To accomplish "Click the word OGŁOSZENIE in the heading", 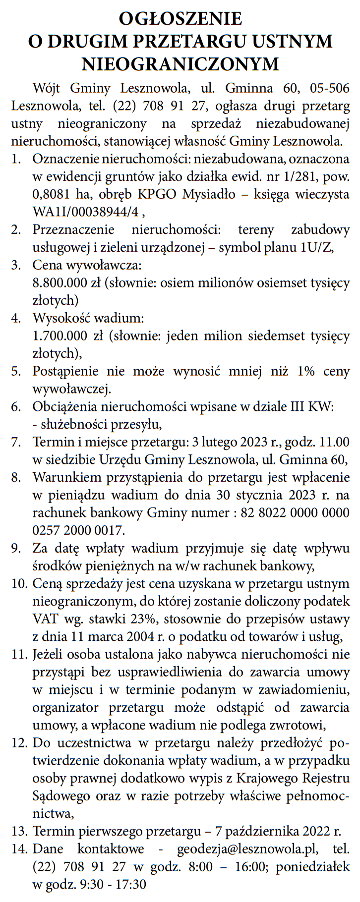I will point(180,18).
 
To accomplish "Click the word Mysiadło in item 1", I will point(209,194).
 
